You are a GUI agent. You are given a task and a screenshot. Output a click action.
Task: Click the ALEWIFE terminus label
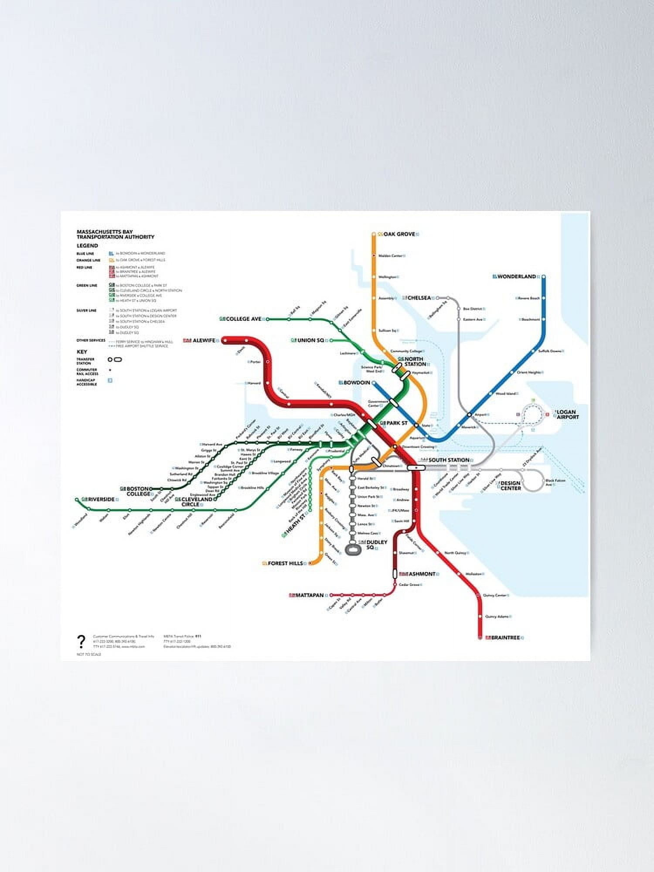[x=204, y=341]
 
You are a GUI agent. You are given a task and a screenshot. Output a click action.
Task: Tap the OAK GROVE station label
[x=399, y=234]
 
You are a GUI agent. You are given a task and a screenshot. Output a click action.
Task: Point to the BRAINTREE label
[x=505, y=638]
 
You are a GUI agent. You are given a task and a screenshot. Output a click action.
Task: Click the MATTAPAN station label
[x=310, y=595]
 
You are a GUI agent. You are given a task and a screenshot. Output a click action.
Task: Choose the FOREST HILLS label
[x=285, y=563]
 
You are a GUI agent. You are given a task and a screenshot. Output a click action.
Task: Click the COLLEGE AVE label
[x=243, y=319]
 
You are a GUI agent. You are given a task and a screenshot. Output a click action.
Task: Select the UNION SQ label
[x=310, y=341]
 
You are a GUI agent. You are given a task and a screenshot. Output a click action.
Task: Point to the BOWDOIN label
[x=357, y=383]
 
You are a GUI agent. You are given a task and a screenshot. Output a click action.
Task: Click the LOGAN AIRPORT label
[x=567, y=415]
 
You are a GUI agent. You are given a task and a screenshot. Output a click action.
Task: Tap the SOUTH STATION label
[x=449, y=460]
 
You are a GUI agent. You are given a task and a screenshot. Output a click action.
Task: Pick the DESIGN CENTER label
[x=510, y=486]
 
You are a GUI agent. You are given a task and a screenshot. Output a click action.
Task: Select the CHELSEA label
[x=419, y=298]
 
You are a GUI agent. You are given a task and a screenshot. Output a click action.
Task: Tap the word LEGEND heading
[x=87, y=246]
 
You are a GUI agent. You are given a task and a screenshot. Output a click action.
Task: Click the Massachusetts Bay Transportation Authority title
[x=116, y=235]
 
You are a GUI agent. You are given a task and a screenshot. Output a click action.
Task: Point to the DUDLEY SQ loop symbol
[x=353, y=549]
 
